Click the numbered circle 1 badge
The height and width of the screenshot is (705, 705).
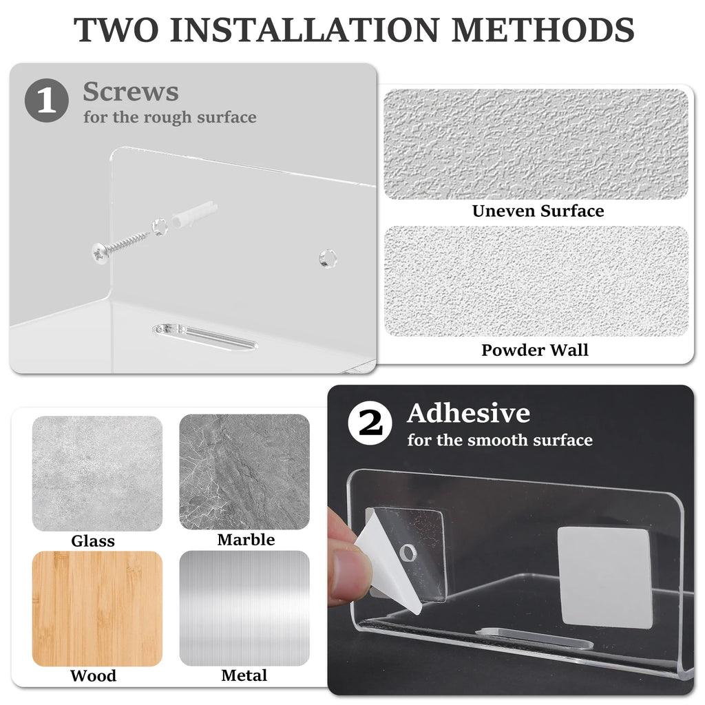[47, 101]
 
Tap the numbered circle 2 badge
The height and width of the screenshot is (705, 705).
[370, 423]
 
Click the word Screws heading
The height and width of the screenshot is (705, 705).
[131, 92]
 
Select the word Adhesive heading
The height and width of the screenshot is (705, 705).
[468, 413]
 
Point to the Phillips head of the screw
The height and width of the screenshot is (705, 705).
[100, 253]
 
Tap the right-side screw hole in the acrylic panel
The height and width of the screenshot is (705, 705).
[328, 258]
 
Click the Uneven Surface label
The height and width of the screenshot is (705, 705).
[538, 211]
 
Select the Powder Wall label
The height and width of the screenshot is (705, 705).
[534, 350]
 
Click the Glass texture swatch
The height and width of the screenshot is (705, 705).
[97, 474]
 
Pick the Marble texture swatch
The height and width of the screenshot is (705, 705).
[244, 472]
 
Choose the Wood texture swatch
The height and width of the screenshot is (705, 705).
[97, 609]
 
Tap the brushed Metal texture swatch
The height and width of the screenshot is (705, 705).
[244, 609]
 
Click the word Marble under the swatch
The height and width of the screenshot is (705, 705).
[246, 540]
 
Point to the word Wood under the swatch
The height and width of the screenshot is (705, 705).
[93, 676]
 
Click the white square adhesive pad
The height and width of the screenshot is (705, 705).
[604, 578]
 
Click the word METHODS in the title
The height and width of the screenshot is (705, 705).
[543, 30]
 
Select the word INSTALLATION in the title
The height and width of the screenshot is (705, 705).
[304, 30]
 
